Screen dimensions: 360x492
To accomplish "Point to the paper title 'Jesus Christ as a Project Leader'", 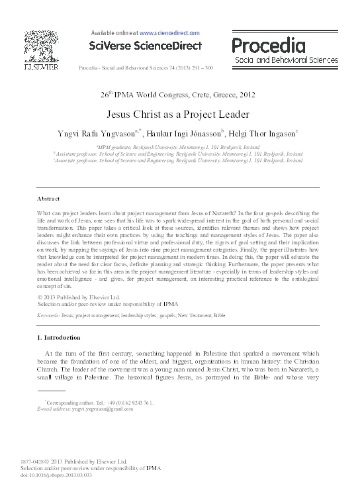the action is pos(179,113).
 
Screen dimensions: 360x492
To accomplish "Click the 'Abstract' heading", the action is pos(48,199).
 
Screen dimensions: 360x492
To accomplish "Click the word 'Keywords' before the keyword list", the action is pos(49,316).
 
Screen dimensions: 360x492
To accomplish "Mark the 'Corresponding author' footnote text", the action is pos(99,403).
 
